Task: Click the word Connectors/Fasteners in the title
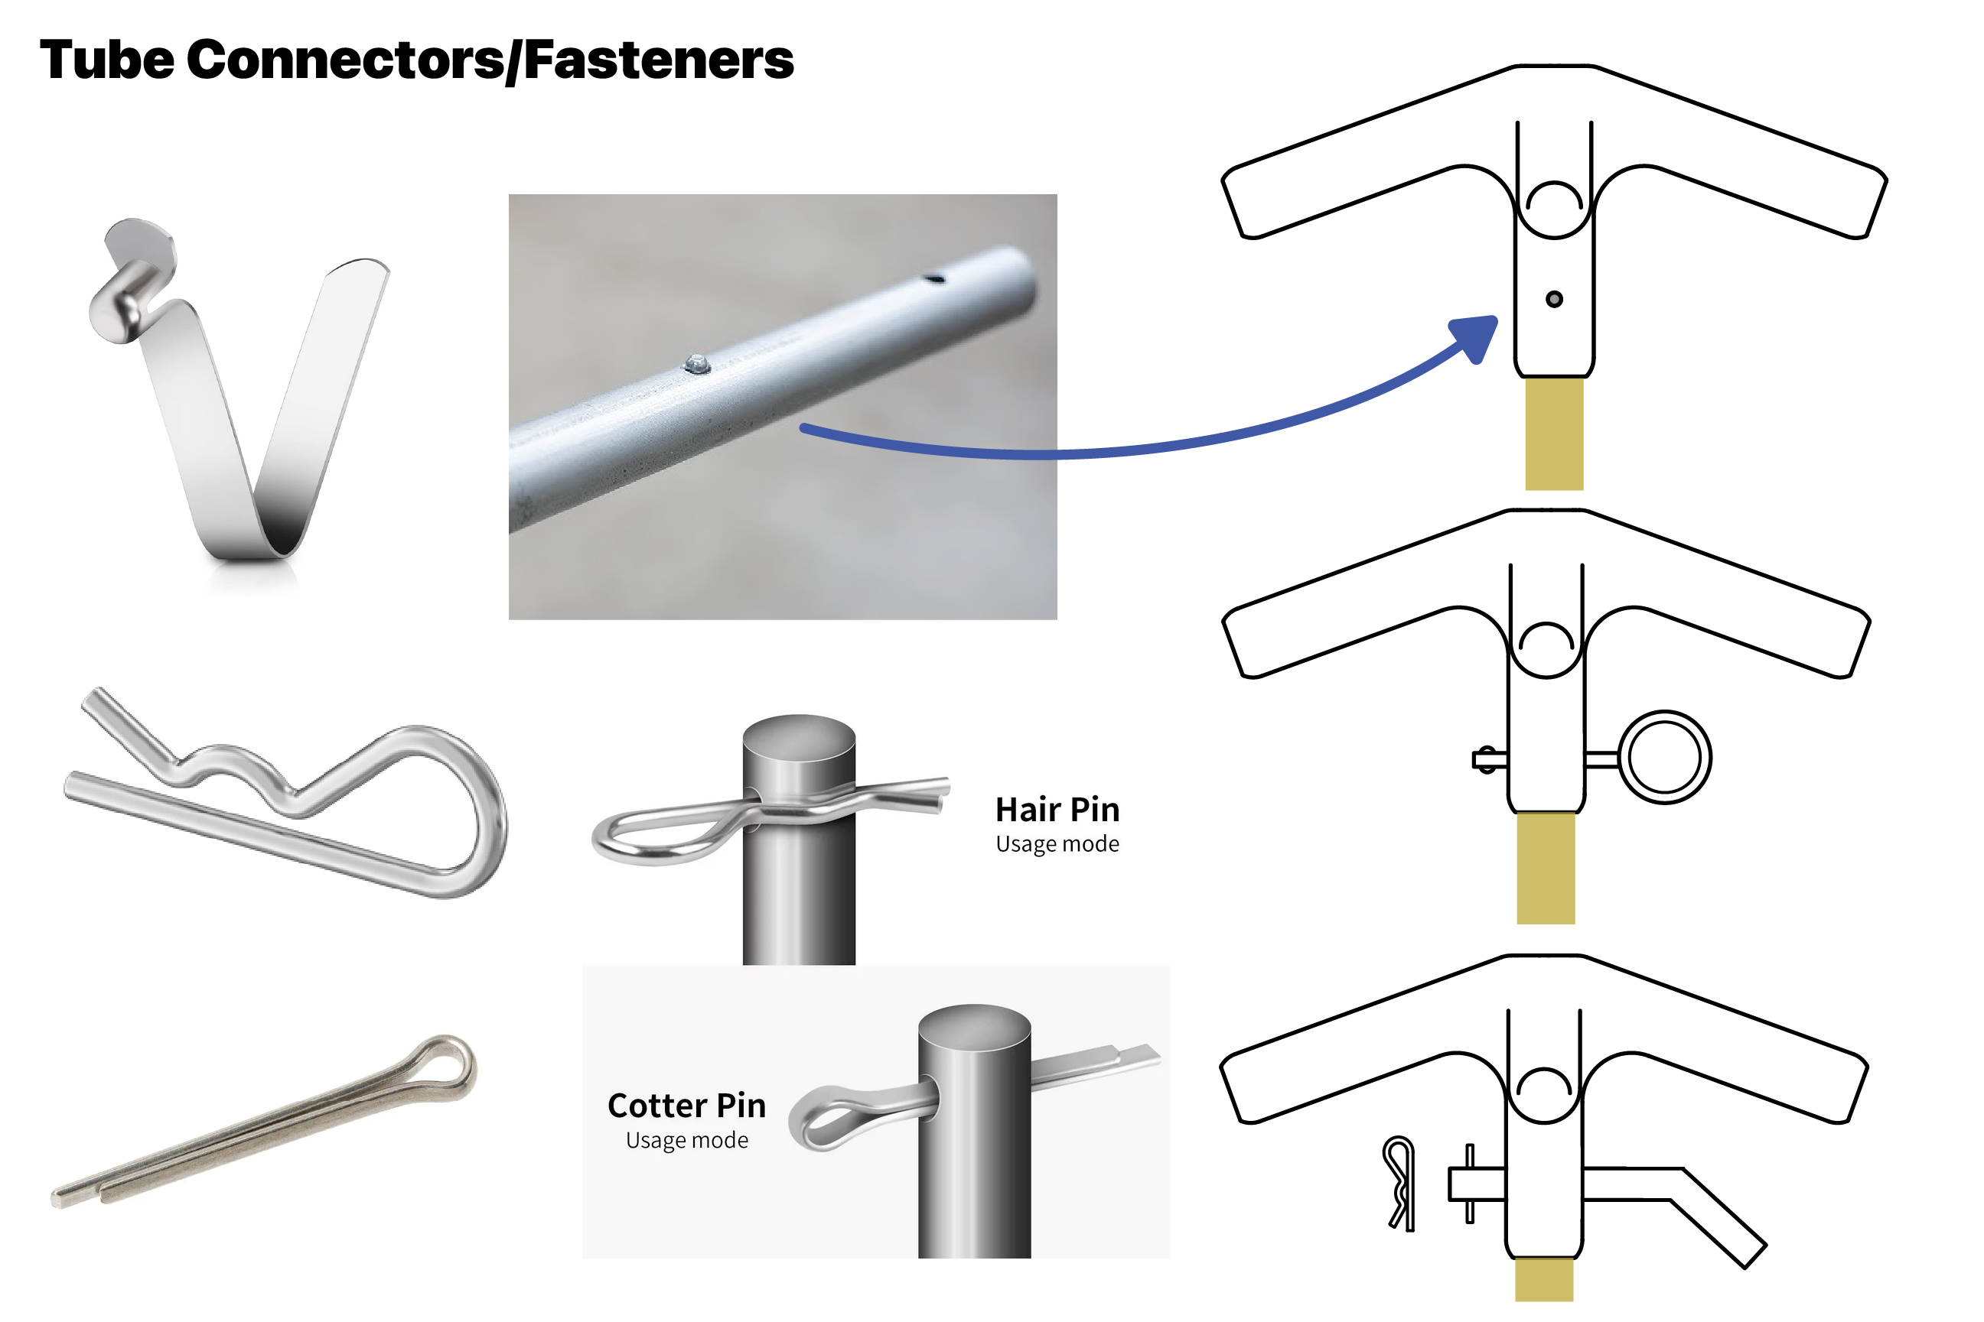(x=489, y=60)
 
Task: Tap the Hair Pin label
(x=1057, y=810)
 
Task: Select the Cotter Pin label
(x=686, y=1106)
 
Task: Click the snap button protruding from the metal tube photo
(x=697, y=364)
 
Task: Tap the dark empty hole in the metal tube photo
(x=933, y=278)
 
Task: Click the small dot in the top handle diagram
(x=1554, y=299)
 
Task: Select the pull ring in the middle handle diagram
(x=1664, y=757)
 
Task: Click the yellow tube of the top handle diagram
(x=1554, y=434)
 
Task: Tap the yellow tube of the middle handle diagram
(x=1546, y=869)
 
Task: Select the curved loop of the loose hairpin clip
(x=472, y=810)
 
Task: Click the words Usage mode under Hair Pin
(x=1057, y=844)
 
